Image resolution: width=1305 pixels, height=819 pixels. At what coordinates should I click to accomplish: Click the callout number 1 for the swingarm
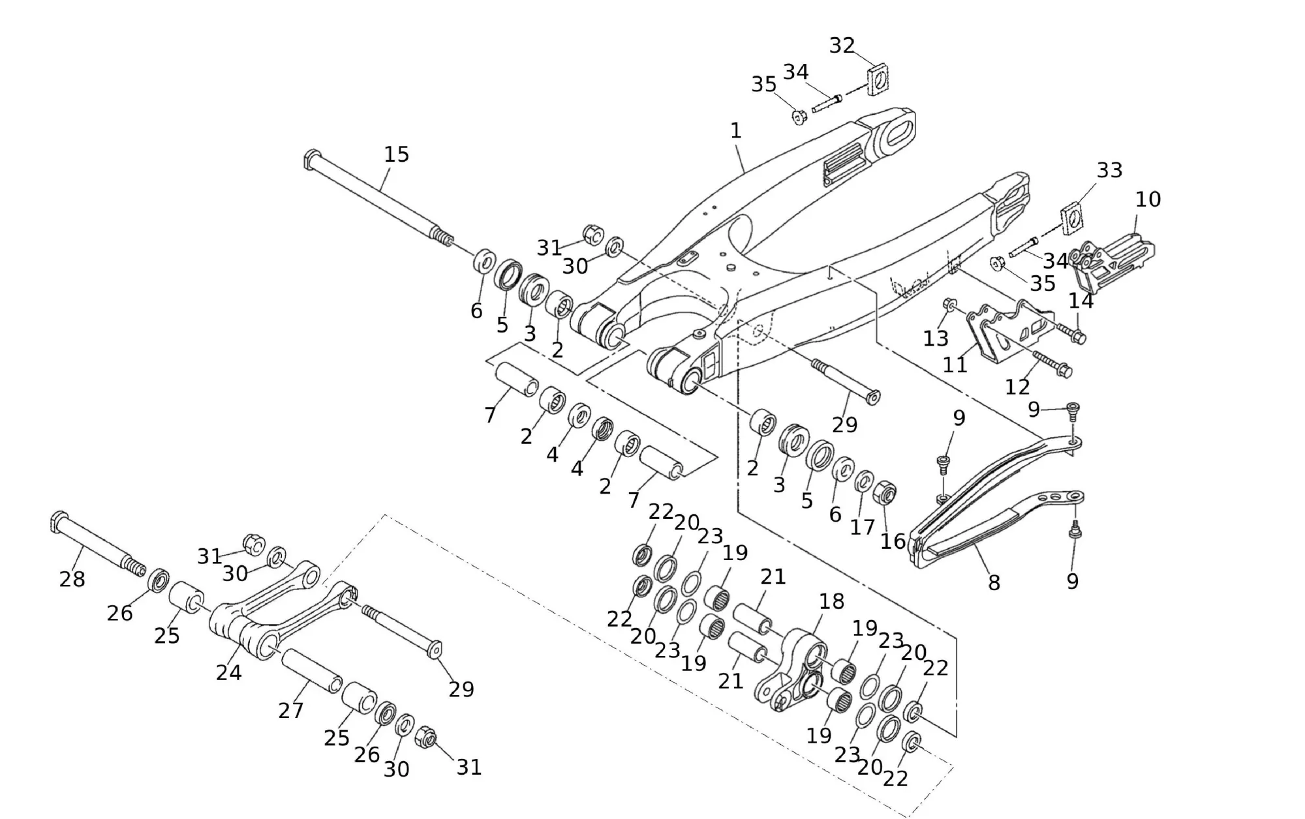click(x=736, y=131)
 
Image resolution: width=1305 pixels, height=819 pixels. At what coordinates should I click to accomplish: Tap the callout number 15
click(x=396, y=155)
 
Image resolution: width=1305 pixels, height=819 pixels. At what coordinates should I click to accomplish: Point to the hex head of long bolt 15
click(x=311, y=158)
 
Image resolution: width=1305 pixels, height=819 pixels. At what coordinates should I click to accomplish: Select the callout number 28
click(x=72, y=578)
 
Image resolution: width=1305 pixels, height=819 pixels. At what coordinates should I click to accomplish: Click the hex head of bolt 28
click(x=57, y=521)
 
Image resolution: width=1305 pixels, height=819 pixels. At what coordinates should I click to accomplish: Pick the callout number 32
click(x=842, y=46)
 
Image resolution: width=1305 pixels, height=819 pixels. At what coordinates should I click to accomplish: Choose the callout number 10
click(x=1148, y=199)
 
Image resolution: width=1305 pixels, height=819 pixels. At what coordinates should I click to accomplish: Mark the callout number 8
click(x=994, y=582)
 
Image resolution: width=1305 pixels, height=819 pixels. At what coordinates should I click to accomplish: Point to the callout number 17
click(x=862, y=526)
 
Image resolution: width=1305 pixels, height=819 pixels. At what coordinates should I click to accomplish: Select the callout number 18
click(x=831, y=601)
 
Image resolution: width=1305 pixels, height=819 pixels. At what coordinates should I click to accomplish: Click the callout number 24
click(x=229, y=672)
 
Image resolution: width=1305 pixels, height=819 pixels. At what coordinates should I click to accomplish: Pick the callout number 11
click(x=955, y=364)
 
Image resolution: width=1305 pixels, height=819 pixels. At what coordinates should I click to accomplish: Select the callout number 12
click(x=1017, y=387)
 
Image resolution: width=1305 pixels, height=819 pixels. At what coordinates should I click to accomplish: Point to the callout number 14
click(x=1081, y=301)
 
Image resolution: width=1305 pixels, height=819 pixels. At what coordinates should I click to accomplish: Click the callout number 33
click(x=1109, y=170)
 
